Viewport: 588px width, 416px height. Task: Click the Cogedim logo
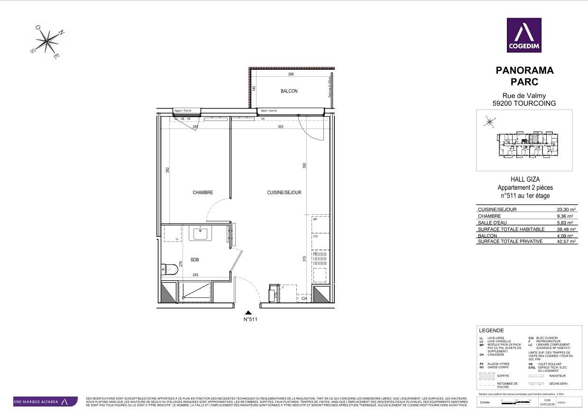tap(524, 35)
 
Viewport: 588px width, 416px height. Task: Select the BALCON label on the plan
tap(289, 91)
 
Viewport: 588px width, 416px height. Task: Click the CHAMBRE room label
tap(202, 193)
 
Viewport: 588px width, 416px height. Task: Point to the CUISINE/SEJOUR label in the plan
tap(284, 193)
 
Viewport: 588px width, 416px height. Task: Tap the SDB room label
tap(194, 260)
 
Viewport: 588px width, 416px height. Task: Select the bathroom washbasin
tap(201, 232)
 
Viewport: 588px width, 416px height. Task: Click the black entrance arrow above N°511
tap(248, 313)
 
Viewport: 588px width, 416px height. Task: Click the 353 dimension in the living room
tap(280, 127)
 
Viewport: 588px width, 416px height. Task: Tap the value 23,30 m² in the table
tap(566, 209)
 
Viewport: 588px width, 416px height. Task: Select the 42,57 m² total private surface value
tap(566, 242)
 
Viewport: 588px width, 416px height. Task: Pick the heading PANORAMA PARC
tap(524, 76)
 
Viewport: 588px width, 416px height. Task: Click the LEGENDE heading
tap(492, 331)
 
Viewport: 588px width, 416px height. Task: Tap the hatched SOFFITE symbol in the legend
tap(487, 376)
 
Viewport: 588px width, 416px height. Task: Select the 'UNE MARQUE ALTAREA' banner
tap(45, 402)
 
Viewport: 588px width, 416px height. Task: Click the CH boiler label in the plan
tap(304, 298)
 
